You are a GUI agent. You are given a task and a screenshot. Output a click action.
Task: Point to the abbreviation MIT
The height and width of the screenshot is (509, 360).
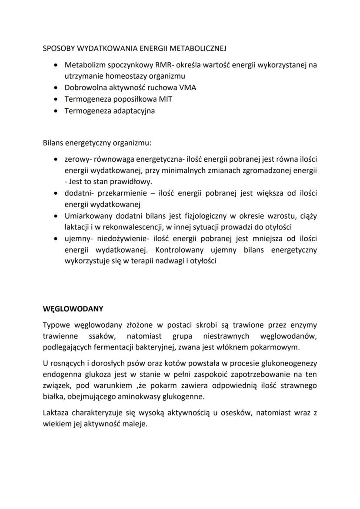tap(166, 99)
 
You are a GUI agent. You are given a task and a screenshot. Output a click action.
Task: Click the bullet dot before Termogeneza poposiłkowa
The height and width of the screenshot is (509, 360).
tap(54, 99)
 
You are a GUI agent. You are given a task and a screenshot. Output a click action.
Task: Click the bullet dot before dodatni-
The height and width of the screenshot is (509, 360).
tap(54, 193)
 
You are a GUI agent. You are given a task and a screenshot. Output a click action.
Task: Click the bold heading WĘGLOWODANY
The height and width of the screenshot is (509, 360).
tap(73, 309)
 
